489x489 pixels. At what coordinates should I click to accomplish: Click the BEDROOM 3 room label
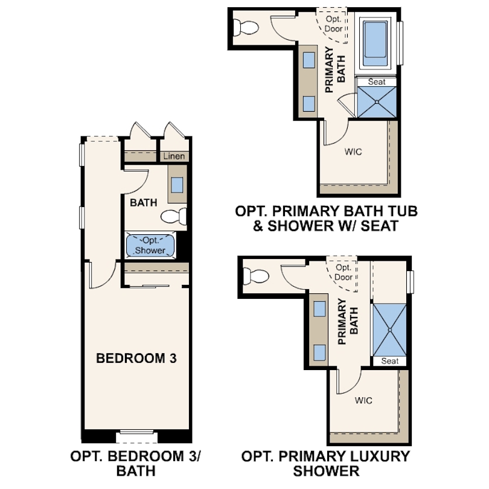pyautogui.click(x=136, y=358)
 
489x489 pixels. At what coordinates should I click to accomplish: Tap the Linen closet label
pyautogui.click(x=174, y=156)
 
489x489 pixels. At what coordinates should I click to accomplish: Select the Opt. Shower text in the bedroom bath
pyautogui.click(x=150, y=245)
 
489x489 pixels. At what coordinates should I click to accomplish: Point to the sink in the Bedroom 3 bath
pyautogui.click(x=177, y=185)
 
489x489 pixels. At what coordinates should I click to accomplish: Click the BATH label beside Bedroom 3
pyautogui.click(x=144, y=203)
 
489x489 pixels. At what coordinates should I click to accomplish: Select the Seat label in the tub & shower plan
pyautogui.click(x=377, y=81)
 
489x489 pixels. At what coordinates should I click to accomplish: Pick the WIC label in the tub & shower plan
pyautogui.click(x=353, y=152)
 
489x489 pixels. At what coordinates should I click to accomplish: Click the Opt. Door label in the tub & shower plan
pyautogui.click(x=333, y=24)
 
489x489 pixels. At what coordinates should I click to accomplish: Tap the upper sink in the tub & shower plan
pyautogui.click(x=308, y=60)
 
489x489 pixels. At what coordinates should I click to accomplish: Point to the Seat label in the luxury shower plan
pyautogui.click(x=390, y=361)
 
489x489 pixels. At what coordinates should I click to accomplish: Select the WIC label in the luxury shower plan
pyautogui.click(x=363, y=400)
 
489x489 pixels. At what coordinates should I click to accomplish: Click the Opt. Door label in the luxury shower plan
pyautogui.click(x=344, y=272)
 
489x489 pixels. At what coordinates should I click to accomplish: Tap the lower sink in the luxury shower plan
pyautogui.click(x=319, y=351)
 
